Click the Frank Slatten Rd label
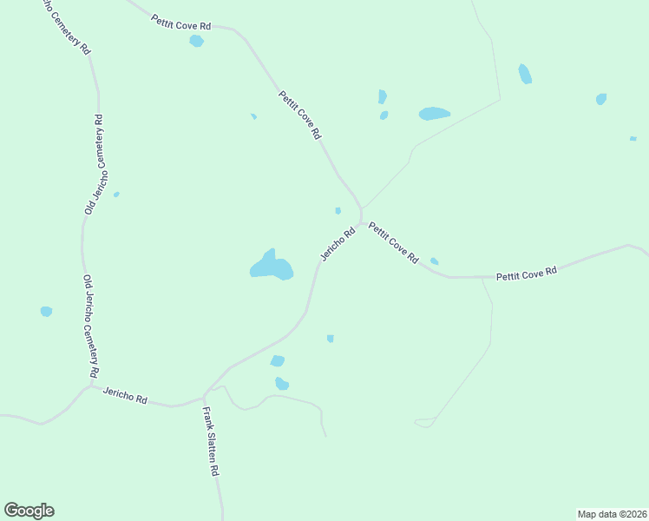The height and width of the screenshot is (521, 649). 210,441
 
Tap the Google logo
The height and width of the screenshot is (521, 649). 29,511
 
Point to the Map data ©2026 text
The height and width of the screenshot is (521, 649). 612,513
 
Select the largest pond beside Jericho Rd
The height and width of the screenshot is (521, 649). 272,266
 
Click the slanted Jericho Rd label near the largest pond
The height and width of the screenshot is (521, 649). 338,244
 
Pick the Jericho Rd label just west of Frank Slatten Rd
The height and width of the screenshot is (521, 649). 125,396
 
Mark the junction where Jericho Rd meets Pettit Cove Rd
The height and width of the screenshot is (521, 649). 360,221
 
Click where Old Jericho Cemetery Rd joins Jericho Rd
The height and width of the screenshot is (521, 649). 92,385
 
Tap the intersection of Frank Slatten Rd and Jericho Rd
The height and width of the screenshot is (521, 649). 204,399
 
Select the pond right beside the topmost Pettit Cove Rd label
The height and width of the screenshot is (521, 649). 197,41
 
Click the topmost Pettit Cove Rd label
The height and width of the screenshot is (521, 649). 180,22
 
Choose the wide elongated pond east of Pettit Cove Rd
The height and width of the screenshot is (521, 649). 434,114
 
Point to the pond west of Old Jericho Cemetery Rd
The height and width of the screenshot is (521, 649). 46,311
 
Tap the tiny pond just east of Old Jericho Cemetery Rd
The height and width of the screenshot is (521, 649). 116,195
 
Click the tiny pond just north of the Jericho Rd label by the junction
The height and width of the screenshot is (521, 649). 338,210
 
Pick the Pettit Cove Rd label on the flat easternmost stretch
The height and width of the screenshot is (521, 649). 526,274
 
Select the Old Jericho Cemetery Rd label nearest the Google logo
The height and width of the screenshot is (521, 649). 90,326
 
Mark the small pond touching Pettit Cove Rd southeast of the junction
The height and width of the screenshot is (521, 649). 434,261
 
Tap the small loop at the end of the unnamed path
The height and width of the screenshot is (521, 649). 425,422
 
